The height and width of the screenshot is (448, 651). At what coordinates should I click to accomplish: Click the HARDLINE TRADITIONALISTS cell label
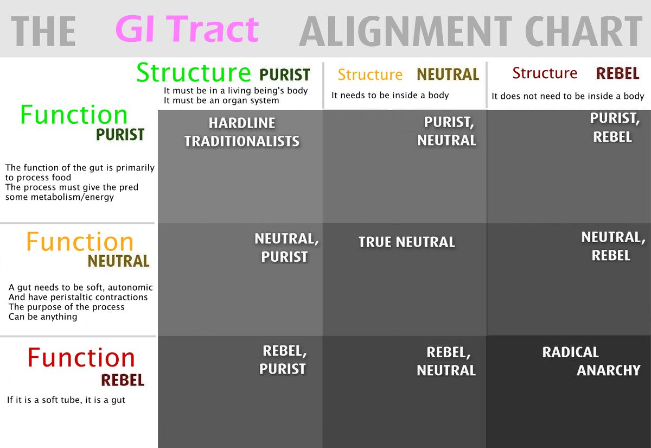(x=242, y=132)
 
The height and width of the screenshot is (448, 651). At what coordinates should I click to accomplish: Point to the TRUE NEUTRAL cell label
(x=406, y=242)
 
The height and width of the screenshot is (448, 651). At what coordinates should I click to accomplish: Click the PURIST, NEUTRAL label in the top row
(x=447, y=131)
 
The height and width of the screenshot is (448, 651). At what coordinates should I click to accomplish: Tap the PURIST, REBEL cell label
(x=612, y=127)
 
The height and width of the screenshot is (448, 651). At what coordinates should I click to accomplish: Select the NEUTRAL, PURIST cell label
(x=286, y=248)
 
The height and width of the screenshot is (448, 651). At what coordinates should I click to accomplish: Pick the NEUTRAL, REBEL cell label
(x=612, y=246)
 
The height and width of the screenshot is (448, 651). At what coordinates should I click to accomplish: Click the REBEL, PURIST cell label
(x=284, y=359)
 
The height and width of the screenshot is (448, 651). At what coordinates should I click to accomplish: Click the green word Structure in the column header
(x=193, y=72)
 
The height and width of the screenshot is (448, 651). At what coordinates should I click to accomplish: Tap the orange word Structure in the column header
(x=370, y=74)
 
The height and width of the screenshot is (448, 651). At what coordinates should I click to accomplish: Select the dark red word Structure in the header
(x=545, y=73)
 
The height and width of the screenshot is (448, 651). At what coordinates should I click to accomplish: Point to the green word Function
(x=74, y=115)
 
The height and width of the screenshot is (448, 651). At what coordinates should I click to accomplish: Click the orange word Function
(x=80, y=242)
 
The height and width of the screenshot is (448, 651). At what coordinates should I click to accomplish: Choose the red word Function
(x=81, y=357)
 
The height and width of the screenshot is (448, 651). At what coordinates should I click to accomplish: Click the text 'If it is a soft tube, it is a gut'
(x=66, y=400)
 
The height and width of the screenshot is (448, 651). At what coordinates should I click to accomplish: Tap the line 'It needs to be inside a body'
(x=390, y=96)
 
